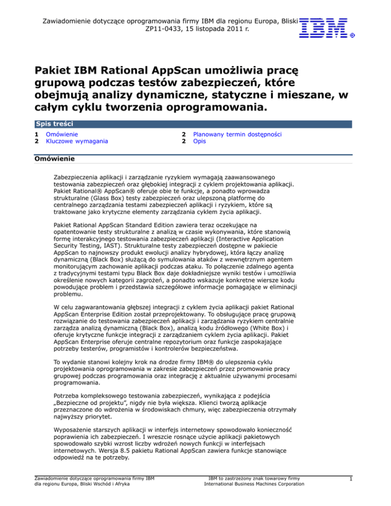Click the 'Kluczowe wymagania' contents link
point(76,142)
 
